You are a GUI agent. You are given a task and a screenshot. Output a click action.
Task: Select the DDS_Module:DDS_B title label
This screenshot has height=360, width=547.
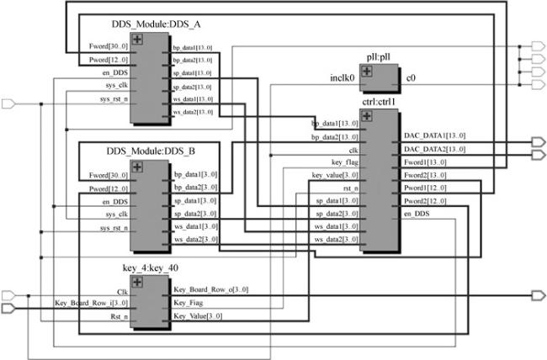pos(151,151)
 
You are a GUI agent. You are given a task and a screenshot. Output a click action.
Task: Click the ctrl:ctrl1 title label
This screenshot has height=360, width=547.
pos(379,102)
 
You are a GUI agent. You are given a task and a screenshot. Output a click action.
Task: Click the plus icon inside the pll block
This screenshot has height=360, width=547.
pos(368,71)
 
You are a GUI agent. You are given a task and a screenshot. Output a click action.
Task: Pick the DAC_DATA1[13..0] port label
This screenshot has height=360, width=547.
pos(435,135)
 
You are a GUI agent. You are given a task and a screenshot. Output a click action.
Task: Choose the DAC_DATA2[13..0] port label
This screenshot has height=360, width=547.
pos(435,149)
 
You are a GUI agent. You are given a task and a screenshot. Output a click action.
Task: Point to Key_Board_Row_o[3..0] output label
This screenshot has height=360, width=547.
pos(210,289)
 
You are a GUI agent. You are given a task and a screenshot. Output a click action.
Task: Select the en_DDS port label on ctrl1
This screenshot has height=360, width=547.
pos(418,214)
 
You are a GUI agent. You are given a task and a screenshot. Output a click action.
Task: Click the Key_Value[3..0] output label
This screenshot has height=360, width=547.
pos(197,315)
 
